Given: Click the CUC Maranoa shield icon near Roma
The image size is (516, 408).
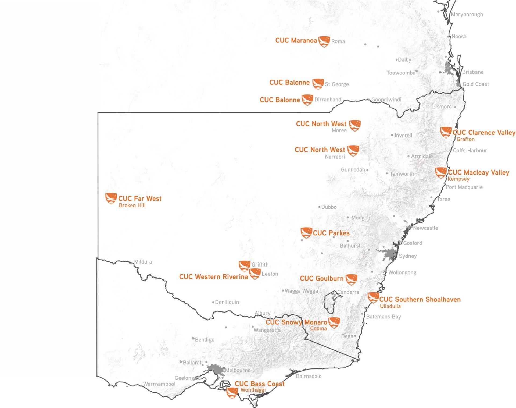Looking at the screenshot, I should tap(324, 41).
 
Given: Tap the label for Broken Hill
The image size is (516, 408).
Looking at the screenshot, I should tap(132, 205).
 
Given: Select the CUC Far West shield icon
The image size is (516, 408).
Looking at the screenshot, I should tap(111, 198).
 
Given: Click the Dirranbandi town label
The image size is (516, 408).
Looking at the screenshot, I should tap(328, 100).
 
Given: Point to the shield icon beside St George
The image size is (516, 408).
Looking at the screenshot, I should tap(318, 84).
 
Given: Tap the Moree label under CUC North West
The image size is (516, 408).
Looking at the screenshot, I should tap(339, 130).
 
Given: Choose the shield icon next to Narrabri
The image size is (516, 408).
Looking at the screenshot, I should tap(353, 150).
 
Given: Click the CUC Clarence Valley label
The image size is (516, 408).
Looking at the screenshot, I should tap(483, 132).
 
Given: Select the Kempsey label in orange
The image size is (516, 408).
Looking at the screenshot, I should tap(458, 179).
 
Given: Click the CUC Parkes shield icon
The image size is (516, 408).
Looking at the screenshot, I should tap(306, 233).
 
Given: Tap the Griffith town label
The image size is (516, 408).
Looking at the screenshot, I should tap(260, 265).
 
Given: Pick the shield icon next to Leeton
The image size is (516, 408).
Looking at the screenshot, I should tap(255, 274).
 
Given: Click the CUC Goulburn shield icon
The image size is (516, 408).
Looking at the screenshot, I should tap(351, 279).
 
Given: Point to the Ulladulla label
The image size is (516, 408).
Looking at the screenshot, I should tap(390, 306).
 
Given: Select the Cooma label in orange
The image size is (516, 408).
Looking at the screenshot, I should tap(318, 328).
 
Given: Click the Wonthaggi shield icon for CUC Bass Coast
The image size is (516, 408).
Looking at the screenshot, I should tap(232, 393).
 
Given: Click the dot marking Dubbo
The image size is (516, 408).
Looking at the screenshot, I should tap(319, 207).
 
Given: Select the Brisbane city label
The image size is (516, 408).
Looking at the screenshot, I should tap(472, 72).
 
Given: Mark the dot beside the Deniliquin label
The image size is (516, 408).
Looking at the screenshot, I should tap(213, 302).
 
